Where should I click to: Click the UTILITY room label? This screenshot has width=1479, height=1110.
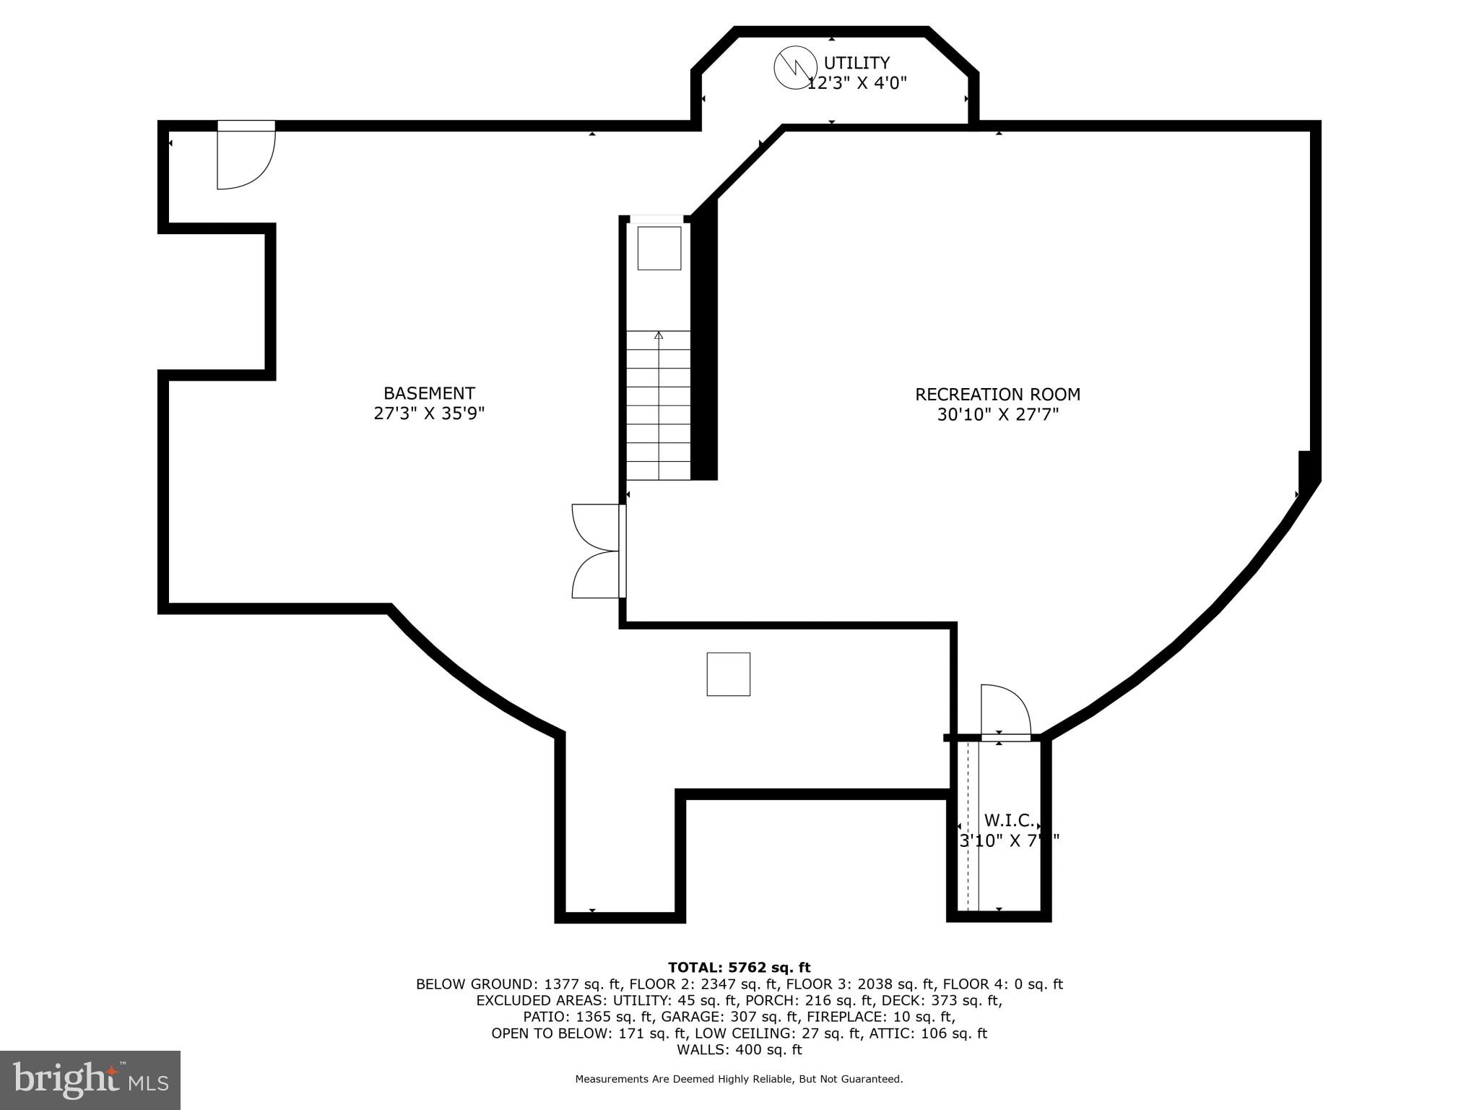click(856, 63)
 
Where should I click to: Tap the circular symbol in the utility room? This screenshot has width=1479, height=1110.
click(795, 68)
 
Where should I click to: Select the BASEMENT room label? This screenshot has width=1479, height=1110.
click(429, 393)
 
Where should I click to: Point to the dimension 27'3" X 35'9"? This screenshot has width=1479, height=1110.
click(429, 413)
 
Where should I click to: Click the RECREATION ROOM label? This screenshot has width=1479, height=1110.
click(997, 395)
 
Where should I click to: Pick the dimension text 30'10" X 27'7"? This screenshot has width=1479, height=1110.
click(997, 415)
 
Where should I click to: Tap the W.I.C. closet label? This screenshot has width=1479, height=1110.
click(1009, 820)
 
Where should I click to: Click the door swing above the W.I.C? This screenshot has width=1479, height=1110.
click(1005, 712)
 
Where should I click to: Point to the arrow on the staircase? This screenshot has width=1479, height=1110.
click(659, 335)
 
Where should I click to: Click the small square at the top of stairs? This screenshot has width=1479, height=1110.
click(659, 248)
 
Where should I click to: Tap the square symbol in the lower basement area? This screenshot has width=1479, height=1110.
click(728, 674)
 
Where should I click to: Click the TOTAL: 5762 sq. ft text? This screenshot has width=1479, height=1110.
click(739, 968)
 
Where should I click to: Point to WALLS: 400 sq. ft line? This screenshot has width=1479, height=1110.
click(739, 1049)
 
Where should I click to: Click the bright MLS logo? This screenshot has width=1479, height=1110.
click(90, 1080)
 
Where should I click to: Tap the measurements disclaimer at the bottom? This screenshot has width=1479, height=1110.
click(739, 1079)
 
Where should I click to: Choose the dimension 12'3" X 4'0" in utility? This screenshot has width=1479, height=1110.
click(856, 83)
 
